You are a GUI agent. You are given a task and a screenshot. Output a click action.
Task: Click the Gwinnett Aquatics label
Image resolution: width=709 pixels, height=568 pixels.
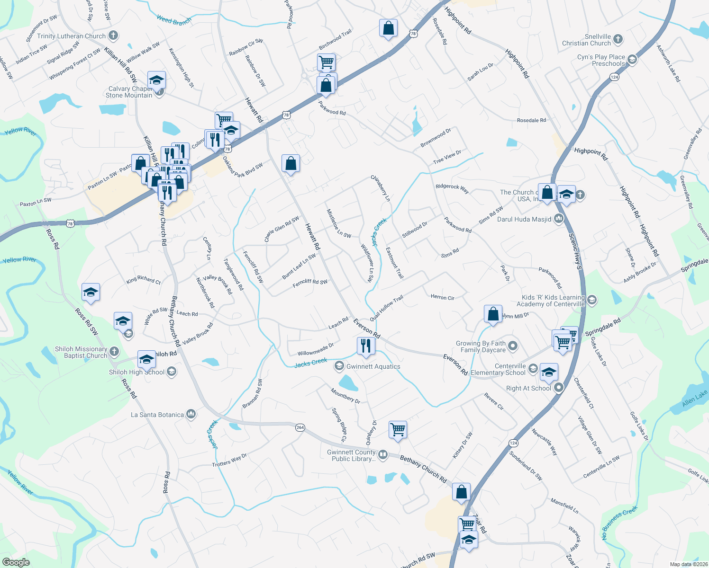pos(373,366)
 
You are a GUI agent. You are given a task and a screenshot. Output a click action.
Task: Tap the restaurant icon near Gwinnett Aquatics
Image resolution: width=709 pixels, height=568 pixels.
pos(365,346)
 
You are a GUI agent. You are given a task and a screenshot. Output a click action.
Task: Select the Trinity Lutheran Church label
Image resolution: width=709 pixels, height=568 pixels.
pos(72,36)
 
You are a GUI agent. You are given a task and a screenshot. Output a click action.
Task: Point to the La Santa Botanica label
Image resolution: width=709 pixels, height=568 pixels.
pos(157,415)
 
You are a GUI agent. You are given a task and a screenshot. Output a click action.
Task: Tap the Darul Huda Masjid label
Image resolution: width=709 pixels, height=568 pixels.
pos(524,219)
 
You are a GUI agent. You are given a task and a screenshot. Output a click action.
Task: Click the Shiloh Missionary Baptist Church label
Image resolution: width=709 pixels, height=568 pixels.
pos(81,352)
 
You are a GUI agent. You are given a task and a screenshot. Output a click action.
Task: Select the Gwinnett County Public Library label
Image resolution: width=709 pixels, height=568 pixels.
pos(351,455)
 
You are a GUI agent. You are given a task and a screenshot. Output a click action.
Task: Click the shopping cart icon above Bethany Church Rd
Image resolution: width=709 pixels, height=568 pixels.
pos(398,430)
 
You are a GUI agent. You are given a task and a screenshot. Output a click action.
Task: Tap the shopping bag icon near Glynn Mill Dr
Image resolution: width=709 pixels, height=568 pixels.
pos(493,314)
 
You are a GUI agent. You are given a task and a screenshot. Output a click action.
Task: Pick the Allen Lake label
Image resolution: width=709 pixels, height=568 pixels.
pos(695,398)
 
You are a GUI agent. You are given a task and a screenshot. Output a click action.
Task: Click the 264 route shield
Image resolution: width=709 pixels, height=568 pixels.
pos(300,427)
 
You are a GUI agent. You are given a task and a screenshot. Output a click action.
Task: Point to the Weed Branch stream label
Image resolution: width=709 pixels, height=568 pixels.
pos(174,20)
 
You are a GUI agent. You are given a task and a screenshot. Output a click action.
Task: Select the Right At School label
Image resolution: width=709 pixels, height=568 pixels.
pos(528,388)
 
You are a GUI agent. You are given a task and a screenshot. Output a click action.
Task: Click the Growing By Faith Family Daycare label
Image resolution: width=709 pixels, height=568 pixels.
pos(481,346)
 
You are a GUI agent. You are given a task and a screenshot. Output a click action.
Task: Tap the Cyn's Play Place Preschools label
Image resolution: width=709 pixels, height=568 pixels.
pos(601,60)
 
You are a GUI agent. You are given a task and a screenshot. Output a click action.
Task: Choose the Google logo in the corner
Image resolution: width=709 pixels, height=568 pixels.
pos(16,562)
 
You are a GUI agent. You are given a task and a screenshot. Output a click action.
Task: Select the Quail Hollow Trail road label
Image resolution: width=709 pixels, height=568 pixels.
pos(386,308)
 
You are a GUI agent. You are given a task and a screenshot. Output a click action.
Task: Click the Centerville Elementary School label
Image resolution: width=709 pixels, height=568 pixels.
pos(498,369)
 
